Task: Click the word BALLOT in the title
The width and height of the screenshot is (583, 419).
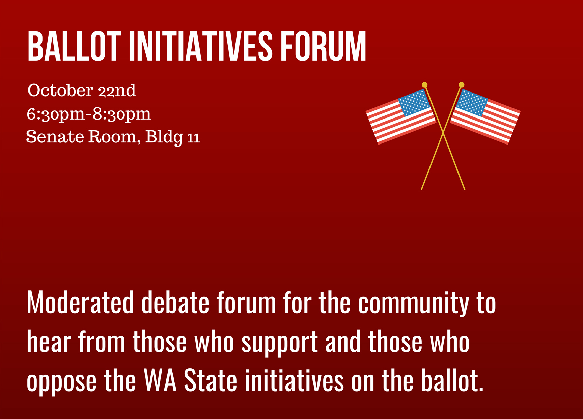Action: point(74,47)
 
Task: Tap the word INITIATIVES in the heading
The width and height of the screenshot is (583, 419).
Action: point(201,47)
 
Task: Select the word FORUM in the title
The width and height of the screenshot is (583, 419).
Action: point(323,47)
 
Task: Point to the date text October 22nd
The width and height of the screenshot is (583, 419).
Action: point(82,90)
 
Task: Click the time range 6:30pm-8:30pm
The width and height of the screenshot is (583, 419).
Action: point(89,114)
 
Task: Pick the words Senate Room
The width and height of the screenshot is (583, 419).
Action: point(83,137)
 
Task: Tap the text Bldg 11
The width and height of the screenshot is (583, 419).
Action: point(173,137)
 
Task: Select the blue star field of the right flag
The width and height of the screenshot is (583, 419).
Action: point(471,103)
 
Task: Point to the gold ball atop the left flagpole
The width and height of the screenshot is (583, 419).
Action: point(425,85)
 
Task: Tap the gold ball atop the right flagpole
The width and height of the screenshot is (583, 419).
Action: point(462,85)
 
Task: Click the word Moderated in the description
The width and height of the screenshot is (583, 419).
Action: point(80,302)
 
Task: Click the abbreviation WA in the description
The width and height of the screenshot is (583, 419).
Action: point(160,381)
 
